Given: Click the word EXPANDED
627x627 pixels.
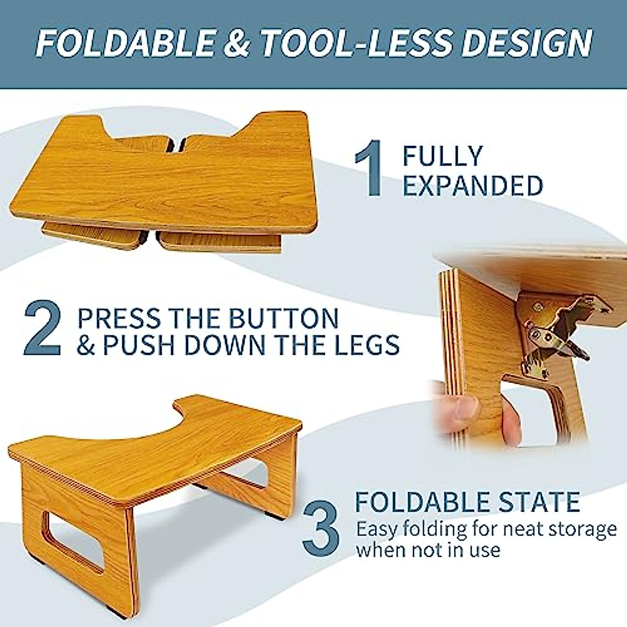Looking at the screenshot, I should point(473,185).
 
